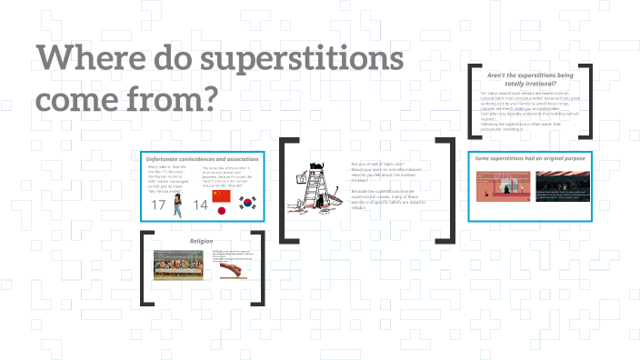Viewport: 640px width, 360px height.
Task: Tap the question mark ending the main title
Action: pyautogui.click(x=207, y=99)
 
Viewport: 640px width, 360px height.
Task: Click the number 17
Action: pyautogui.click(x=159, y=206)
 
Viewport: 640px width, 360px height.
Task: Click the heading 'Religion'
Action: pyautogui.click(x=201, y=240)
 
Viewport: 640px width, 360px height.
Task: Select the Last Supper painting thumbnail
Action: pyautogui.click(x=180, y=264)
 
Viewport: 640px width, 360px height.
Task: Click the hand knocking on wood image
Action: pyautogui.click(x=228, y=270)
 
